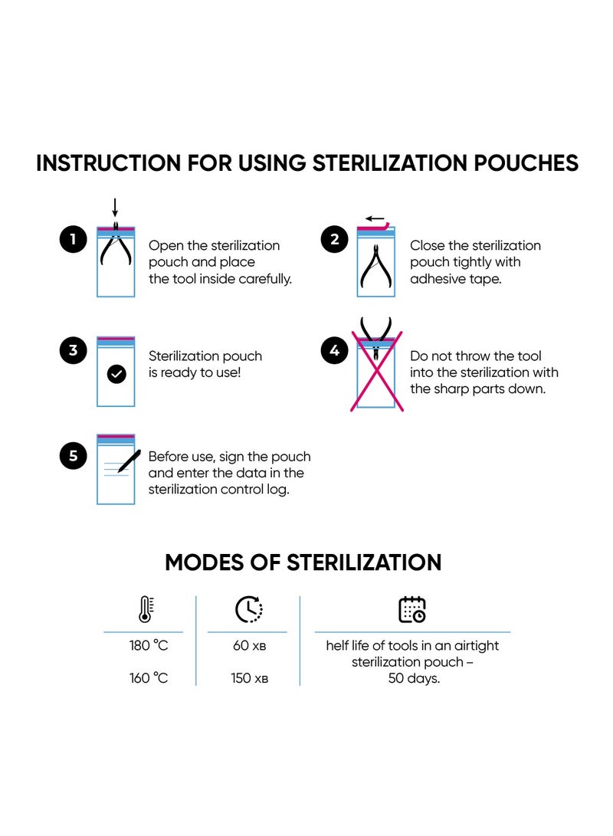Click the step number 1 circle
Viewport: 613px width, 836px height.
click(73, 240)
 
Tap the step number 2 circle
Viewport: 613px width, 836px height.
click(334, 240)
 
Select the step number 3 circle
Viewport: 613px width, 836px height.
click(73, 350)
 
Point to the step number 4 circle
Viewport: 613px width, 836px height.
click(334, 350)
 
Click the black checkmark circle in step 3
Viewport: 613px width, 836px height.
click(116, 374)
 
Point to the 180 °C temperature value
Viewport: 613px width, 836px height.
click(149, 645)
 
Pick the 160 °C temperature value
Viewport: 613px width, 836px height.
click(149, 678)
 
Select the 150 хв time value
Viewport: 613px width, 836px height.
click(250, 678)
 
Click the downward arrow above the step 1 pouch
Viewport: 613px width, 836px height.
click(115, 208)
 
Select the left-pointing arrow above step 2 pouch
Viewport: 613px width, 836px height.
click(375, 218)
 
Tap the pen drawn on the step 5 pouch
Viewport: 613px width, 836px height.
click(128, 461)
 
